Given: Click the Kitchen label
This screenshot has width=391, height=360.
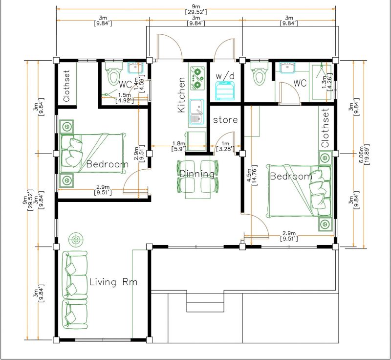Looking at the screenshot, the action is (181, 95).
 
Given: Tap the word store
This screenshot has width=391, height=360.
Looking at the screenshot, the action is (225, 120).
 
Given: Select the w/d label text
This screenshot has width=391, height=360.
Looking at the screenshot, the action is (225, 76).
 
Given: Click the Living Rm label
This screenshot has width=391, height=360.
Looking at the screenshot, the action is (113, 282).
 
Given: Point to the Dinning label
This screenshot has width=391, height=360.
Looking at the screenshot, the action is (197, 174).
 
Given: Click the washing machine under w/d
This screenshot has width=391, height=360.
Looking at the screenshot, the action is (225, 90).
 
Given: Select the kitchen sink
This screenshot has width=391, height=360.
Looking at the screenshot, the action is (197, 112).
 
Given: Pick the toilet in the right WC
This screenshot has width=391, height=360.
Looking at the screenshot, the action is (259, 73).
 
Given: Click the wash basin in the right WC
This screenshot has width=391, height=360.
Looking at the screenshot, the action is (287, 67).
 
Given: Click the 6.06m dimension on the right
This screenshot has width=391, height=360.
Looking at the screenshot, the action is (364, 154).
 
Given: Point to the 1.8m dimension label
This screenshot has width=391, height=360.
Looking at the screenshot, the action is (179, 146).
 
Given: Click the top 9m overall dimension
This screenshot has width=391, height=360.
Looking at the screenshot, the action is (196, 9).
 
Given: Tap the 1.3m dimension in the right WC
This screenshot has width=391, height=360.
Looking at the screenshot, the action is (326, 82).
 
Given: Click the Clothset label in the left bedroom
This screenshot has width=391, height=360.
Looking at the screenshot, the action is (66, 86).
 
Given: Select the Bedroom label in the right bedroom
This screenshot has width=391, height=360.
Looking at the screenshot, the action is (291, 177).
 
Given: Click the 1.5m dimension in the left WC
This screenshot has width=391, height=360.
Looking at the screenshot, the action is (125, 98).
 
